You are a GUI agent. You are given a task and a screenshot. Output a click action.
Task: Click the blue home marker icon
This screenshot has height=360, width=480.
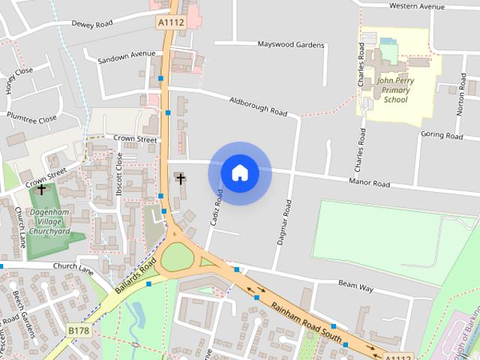coord(240,173)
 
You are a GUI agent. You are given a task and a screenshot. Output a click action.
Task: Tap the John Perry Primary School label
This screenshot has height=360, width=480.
coord(394,89)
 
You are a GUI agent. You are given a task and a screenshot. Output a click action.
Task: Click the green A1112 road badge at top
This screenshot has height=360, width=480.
coord(170,23)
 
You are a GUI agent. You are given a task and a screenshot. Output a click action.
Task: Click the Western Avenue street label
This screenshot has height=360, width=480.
coord(417,6)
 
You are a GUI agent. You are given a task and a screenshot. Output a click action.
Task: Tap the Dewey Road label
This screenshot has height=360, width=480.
coord(91,23)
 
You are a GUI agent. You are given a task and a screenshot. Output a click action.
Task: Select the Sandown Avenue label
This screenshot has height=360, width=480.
coord(127,55)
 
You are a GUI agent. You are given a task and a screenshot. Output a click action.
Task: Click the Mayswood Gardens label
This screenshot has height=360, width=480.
coord(291,45)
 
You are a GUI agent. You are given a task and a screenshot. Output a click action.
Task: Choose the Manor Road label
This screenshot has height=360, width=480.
coord(370,183)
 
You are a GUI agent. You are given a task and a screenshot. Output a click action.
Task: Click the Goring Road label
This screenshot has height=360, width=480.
coord(442,136)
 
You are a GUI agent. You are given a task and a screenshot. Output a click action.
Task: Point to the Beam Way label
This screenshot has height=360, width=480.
coord(355,286)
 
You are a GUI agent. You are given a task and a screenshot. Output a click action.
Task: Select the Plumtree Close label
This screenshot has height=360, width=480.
coord(31,118)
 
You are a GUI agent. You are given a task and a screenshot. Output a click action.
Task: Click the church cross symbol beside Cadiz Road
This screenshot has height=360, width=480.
coord(180,178)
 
